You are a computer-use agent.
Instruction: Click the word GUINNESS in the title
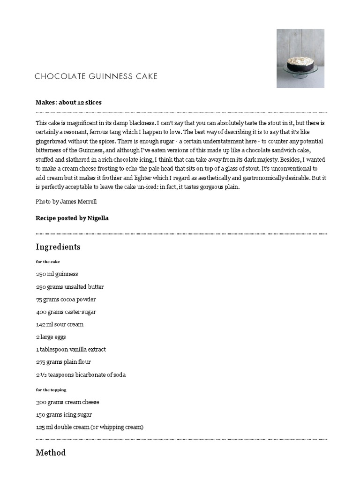point(108,76)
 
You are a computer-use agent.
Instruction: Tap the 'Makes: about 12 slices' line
point(68,102)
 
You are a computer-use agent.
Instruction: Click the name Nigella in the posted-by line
point(98,218)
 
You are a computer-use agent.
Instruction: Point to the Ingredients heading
point(58,247)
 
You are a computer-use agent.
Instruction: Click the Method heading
point(51,453)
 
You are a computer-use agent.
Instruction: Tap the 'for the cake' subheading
point(48,262)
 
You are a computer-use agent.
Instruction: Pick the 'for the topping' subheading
point(51,390)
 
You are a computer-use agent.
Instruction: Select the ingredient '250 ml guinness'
point(57,274)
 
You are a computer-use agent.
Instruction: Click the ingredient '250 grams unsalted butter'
point(70,287)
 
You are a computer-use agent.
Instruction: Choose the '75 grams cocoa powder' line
point(66,300)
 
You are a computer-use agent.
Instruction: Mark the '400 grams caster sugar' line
point(66,312)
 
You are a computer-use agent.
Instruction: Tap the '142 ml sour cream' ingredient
point(60,324)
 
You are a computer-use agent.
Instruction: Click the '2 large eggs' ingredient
point(51,337)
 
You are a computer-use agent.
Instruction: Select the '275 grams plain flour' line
point(63,362)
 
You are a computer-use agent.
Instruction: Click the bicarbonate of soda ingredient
point(81,375)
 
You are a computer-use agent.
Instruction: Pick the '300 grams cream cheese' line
point(67,402)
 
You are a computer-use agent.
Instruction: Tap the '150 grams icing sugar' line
point(64,415)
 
